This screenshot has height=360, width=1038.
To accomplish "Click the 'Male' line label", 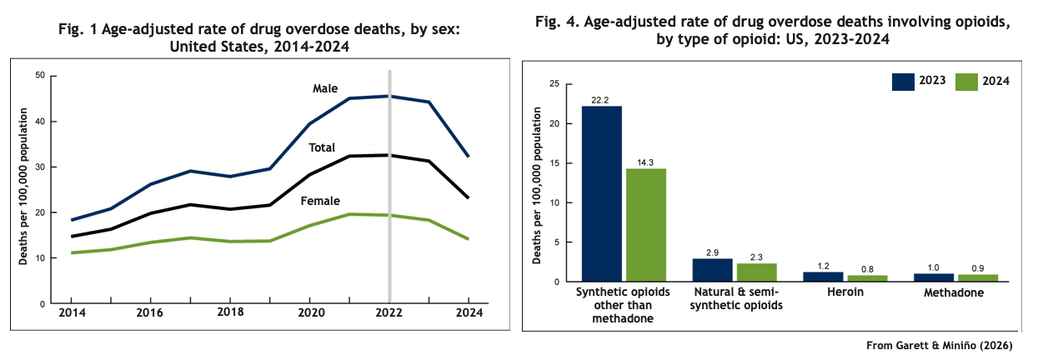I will (326, 88).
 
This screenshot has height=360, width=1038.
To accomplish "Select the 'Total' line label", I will (322, 147).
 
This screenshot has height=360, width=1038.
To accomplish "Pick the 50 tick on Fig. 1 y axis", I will (40, 76).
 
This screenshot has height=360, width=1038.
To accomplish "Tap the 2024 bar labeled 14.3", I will (646, 225).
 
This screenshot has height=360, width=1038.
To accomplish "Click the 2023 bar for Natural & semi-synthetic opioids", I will (712, 270).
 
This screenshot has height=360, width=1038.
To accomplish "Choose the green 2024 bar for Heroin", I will (867, 278).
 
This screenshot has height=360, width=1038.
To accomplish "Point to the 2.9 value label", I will (712, 252).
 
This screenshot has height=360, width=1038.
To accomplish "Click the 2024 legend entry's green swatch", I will (966, 81).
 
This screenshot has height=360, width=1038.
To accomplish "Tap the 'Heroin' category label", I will (845, 293).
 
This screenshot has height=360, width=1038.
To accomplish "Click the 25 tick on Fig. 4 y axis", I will (553, 84).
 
